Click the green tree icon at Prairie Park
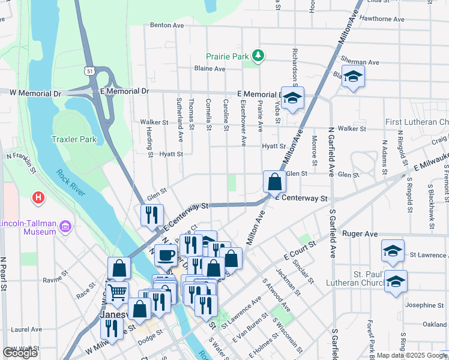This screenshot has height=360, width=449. [258, 56]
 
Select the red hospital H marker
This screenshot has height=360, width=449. [38, 197]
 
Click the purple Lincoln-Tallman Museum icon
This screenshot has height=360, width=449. [65, 226]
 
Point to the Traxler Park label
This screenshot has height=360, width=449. [74, 140]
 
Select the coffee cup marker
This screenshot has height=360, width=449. [166, 255]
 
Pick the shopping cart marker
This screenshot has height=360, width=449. [117, 293]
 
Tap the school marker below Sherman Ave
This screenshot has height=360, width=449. [353, 77]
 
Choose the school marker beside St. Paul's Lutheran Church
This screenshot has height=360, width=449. [396, 281]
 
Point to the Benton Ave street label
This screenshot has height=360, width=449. [166, 25]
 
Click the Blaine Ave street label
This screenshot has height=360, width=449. [209, 68]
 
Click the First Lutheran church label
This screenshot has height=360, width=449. [417, 122]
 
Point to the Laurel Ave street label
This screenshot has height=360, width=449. [26, 329]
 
